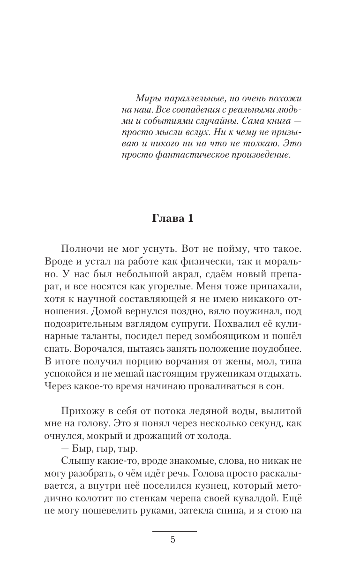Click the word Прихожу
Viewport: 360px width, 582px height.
point(81,411)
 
